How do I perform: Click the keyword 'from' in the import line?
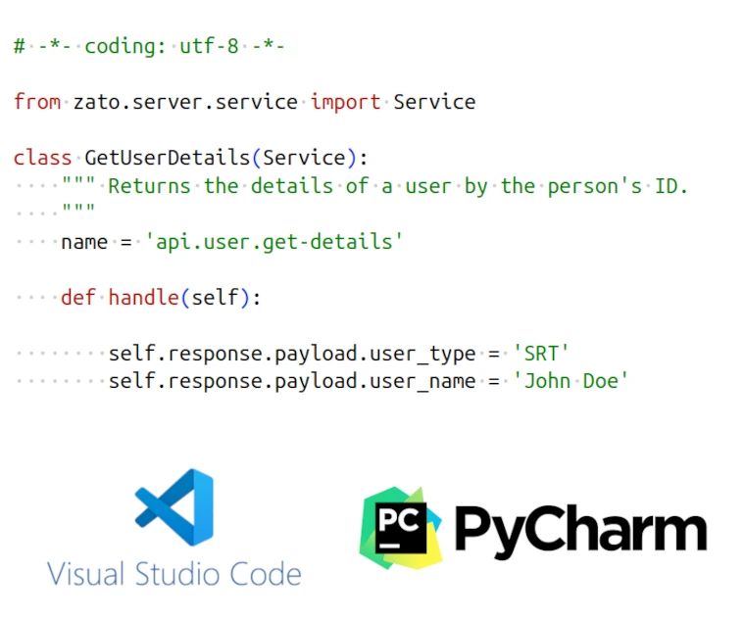[37, 102]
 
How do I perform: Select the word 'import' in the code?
[346, 102]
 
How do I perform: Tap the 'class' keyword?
[43, 158]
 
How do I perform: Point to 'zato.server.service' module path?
[185, 102]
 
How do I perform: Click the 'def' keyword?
[78, 297]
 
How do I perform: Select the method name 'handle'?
[143, 297]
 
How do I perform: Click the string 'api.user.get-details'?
[274, 241]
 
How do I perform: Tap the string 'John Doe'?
[571, 380]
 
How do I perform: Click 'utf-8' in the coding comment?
[209, 46]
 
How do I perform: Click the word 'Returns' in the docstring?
[149, 185]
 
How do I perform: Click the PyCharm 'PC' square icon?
[402, 527]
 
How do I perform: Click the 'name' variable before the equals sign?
[84, 241]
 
